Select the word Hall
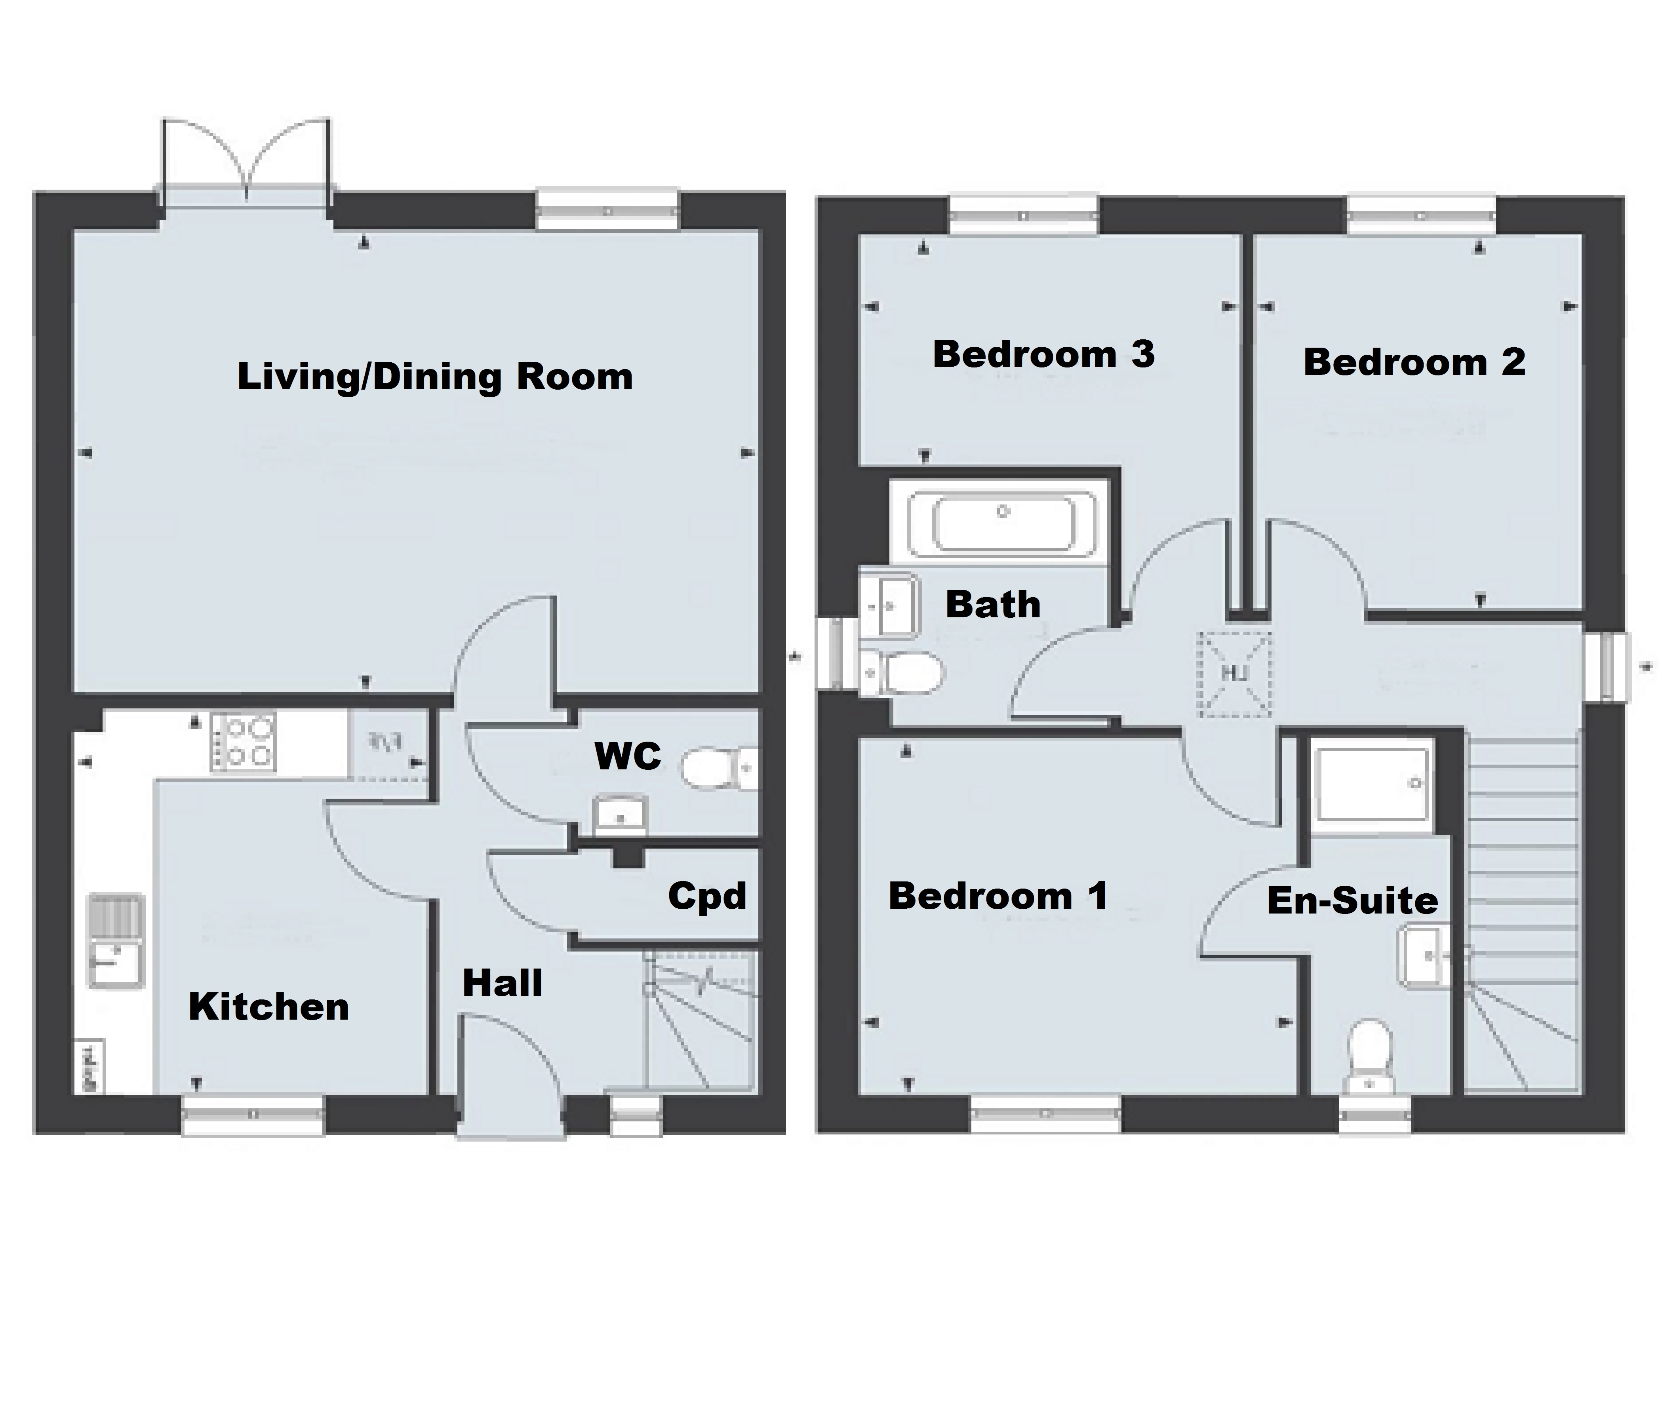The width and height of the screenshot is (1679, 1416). (503, 982)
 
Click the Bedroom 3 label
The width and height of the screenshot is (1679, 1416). (1043, 354)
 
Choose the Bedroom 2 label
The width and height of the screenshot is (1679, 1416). (1414, 362)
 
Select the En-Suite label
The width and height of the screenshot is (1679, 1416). (1352, 901)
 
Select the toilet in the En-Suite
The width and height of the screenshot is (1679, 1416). (1370, 1052)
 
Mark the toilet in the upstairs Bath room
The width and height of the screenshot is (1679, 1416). (907, 673)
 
